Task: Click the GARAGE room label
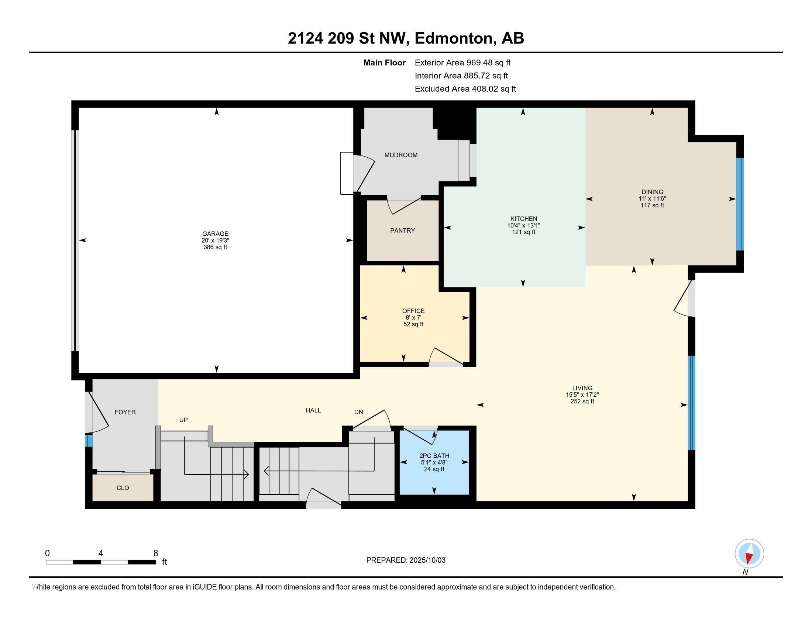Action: click(215, 233)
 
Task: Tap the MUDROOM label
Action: click(401, 155)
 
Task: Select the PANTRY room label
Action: click(402, 231)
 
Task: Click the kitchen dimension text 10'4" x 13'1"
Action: click(523, 225)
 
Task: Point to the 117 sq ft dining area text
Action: click(652, 205)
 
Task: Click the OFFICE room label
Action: click(413, 311)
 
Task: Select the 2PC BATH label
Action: click(434, 456)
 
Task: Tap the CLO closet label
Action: click(123, 488)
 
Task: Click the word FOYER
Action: click(125, 412)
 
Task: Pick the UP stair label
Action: click(183, 420)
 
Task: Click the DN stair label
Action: click(358, 412)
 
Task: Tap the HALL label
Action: click(313, 410)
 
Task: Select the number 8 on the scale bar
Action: click(155, 553)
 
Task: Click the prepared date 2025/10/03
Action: click(427, 560)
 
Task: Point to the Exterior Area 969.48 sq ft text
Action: click(462, 63)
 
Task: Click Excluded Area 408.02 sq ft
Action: click(465, 89)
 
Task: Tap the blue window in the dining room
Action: click(740, 204)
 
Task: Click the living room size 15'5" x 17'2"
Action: click(582, 395)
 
